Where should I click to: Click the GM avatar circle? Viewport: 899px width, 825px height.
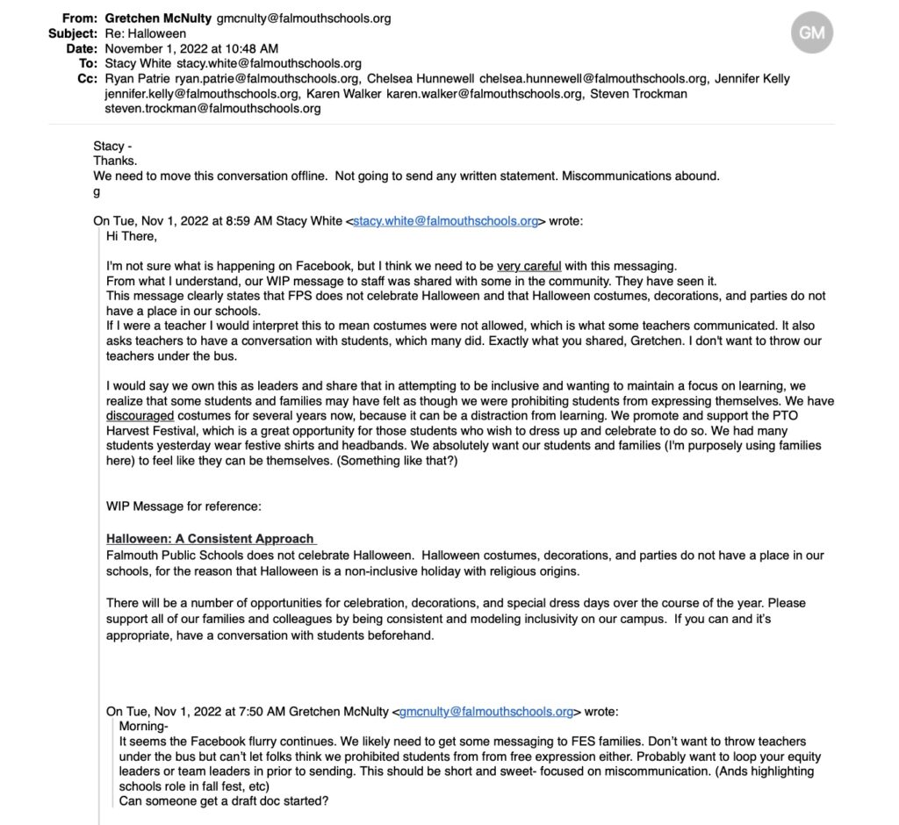pyautogui.click(x=811, y=33)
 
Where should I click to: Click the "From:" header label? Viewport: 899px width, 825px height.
pyautogui.click(x=81, y=18)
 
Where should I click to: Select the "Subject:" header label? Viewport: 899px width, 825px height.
pyautogui.click(x=73, y=33)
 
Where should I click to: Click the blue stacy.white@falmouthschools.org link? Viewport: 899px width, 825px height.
pyautogui.click(x=445, y=221)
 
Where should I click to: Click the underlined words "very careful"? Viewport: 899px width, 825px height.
pyautogui.click(x=529, y=266)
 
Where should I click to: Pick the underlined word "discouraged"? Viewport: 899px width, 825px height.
pyautogui.click(x=140, y=415)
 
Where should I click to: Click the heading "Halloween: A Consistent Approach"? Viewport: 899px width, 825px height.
pyautogui.click(x=211, y=539)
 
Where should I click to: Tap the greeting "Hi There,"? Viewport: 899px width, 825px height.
pyautogui.click(x=132, y=236)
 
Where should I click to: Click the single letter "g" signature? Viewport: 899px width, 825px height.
pyautogui.click(x=97, y=191)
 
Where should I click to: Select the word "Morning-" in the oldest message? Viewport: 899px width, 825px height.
pyautogui.click(x=143, y=727)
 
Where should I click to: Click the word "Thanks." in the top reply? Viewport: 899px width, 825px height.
pyautogui.click(x=115, y=161)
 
